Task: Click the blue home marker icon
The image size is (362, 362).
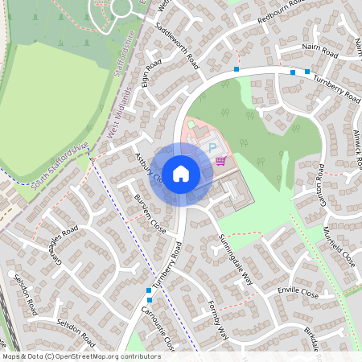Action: coord(181,174)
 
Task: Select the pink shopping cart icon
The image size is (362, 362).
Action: coord(220,161)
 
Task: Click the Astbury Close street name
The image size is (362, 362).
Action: coord(150,167)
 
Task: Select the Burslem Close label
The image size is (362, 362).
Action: coord(150,213)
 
